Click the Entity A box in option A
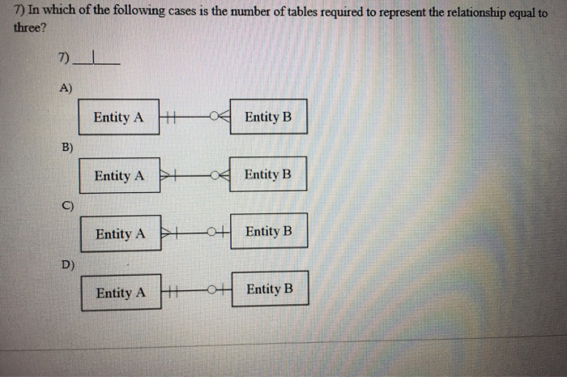[x=118, y=118]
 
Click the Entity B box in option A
[x=267, y=118]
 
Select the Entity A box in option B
[x=119, y=175]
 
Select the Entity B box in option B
[x=267, y=174]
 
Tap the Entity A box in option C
[x=121, y=233]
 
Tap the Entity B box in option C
[x=268, y=232]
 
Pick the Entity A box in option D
[x=121, y=293]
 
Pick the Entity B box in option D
[x=270, y=289]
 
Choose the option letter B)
[x=66, y=147]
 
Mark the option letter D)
[x=67, y=263]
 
